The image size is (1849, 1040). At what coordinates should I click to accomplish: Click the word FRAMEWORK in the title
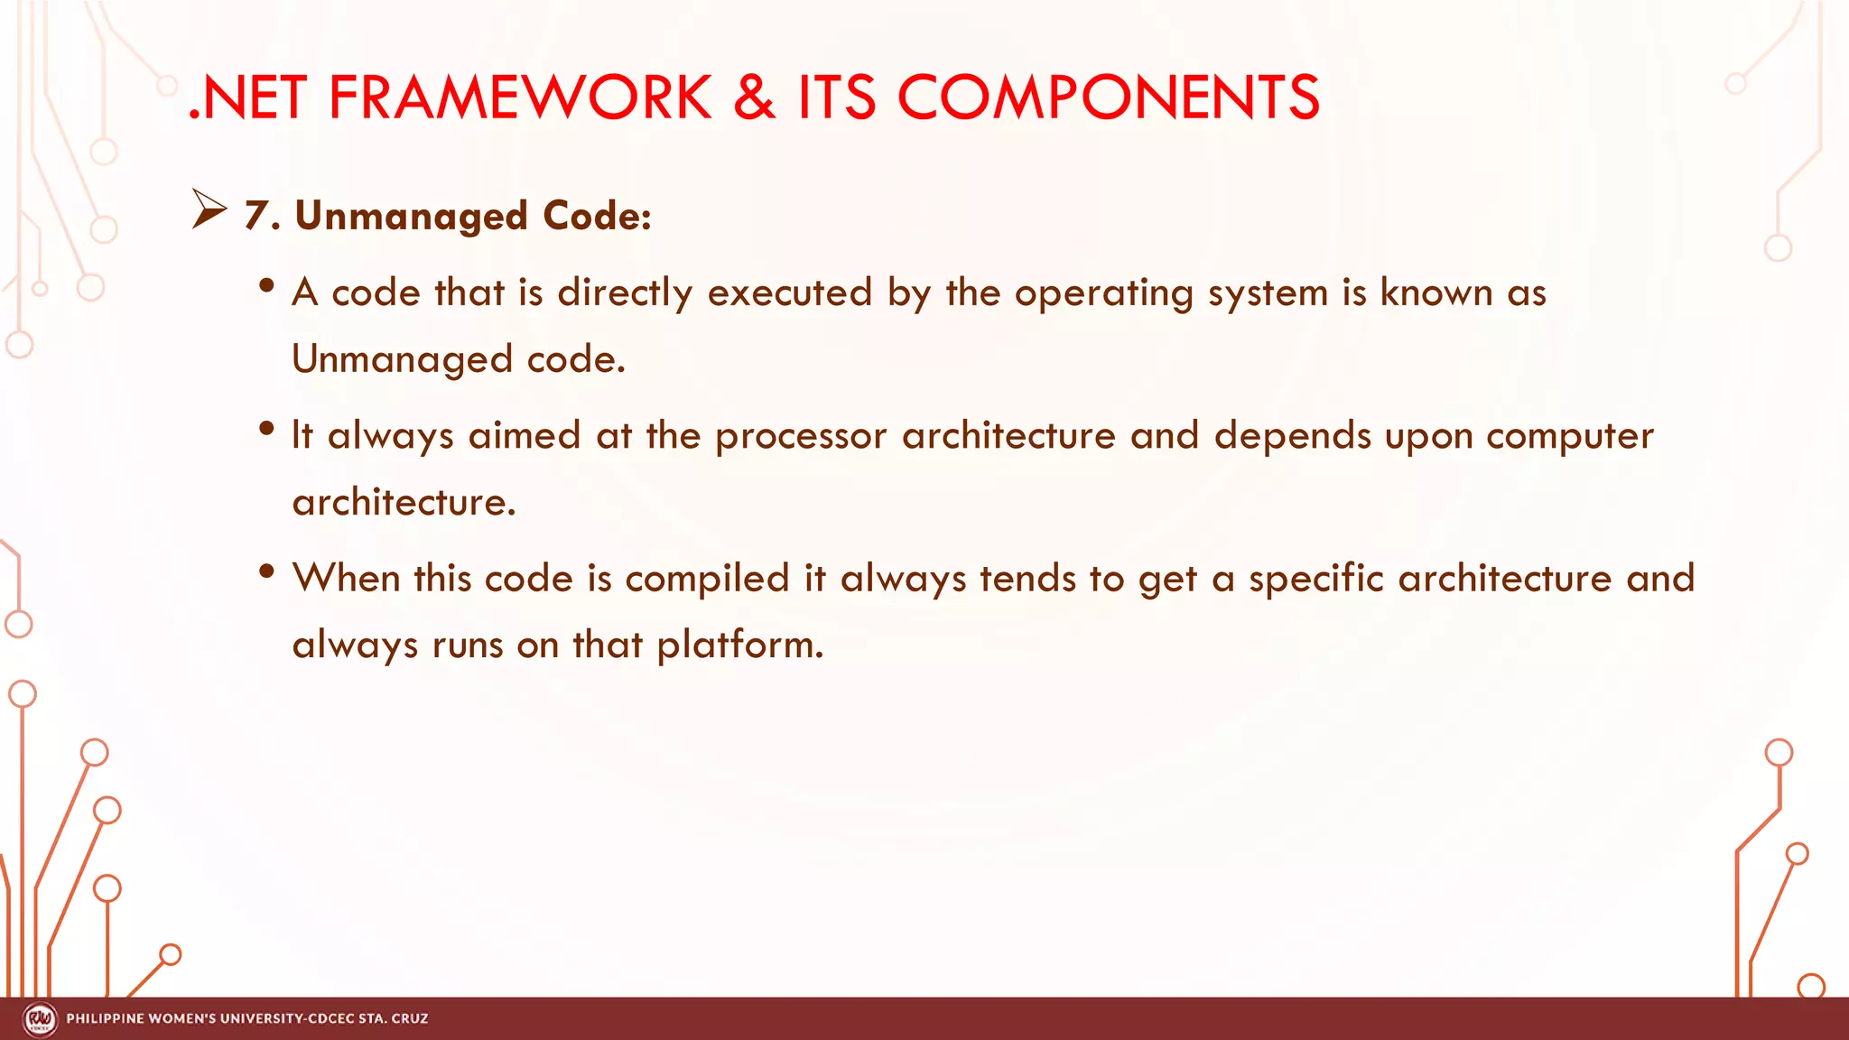(520, 97)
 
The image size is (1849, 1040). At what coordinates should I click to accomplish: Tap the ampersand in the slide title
(754, 97)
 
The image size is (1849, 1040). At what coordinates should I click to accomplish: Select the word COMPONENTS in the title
(1108, 97)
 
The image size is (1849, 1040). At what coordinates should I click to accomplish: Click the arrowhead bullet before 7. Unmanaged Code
(209, 209)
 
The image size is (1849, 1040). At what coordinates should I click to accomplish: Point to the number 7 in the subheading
(257, 216)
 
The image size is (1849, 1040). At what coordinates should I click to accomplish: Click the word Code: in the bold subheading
(597, 216)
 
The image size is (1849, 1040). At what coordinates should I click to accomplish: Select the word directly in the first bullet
(625, 293)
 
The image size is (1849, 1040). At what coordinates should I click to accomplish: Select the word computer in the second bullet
(1569, 436)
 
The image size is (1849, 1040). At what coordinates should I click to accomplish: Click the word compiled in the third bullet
(707, 579)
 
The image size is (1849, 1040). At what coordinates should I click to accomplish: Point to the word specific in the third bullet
(1315, 579)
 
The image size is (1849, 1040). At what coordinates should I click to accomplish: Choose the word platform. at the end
(739, 645)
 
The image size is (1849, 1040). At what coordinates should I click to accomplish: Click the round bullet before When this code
(266, 571)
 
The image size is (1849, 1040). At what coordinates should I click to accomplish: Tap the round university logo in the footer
(39, 1019)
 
